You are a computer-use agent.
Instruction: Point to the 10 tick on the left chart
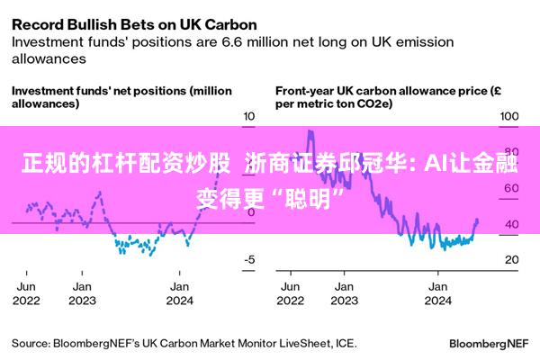pos(249,116)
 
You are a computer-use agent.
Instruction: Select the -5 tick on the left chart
pos(249,259)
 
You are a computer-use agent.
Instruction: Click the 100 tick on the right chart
pos(510,116)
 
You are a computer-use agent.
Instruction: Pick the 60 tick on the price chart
pos(510,188)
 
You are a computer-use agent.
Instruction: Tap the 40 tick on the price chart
pos(510,224)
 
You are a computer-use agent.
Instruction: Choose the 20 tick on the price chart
pos(510,259)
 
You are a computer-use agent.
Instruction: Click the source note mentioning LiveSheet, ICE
pos(184,343)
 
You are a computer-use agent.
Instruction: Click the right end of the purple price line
pos(477,220)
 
